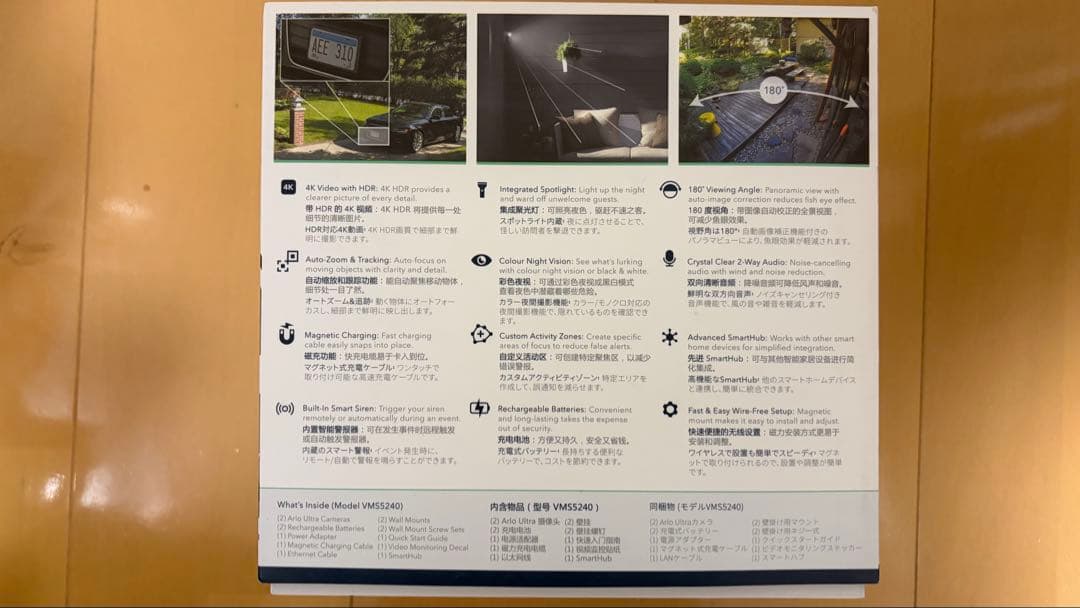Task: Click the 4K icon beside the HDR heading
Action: [x=288, y=187]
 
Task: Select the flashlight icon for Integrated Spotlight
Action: [x=481, y=188]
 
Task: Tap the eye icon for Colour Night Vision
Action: [x=481, y=261]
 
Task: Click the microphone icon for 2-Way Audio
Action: [x=669, y=259]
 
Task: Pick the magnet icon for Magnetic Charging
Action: [x=287, y=335]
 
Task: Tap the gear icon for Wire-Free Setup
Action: [x=669, y=409]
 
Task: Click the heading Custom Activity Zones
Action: [x=540, y=337]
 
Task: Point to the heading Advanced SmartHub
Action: [x=728, y=338]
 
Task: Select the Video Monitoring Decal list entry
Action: [x=422, y=546]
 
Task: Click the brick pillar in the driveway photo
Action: [x=296, y=123]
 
